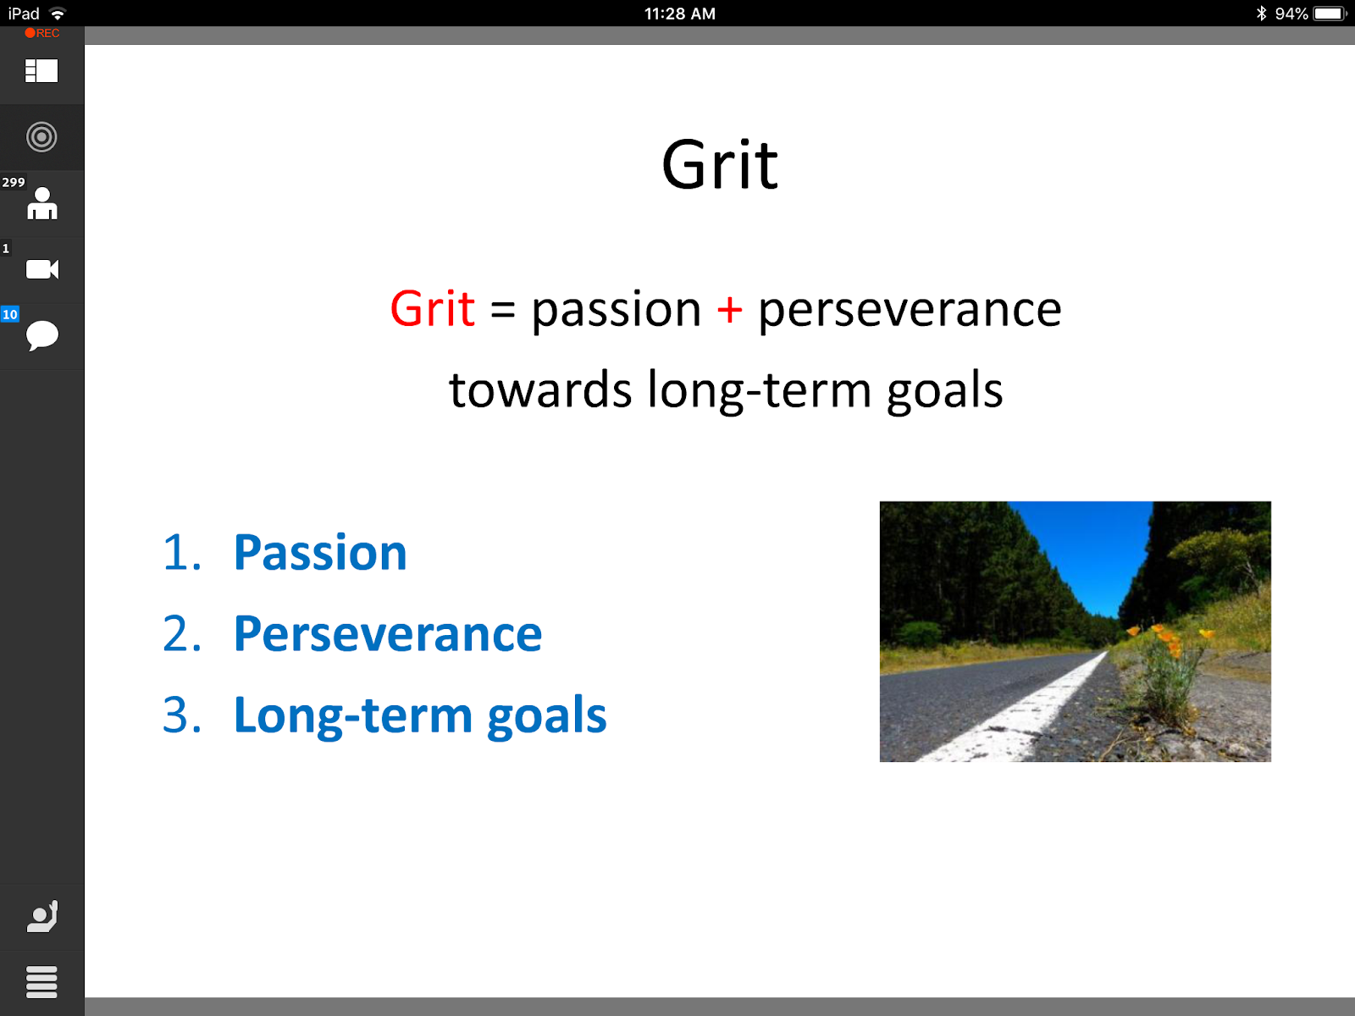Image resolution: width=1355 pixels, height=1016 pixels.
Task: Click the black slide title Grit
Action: coord(720,165)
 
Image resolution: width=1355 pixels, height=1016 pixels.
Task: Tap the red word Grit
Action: coord(432,308)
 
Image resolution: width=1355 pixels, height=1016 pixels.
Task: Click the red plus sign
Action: coord(729,309)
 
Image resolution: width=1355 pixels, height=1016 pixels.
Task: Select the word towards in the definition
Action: coord(540,389)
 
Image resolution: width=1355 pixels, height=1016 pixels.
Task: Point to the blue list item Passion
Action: coord(320,552)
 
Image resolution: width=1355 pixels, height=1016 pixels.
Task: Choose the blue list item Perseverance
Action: coord(388,633)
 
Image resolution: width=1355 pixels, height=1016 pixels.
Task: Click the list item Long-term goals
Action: coord(420,715)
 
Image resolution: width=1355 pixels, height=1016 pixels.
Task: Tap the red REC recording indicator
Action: coord(42,33)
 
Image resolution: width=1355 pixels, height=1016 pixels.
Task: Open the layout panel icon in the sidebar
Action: coord(41,71)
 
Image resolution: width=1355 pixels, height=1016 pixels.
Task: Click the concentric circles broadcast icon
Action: coord(41,137)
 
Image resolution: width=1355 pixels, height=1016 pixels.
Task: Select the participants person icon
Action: coord(42,204)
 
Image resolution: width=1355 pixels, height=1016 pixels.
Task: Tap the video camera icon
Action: coord(42,269)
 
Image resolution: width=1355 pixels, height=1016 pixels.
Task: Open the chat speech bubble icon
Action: coord(42,335)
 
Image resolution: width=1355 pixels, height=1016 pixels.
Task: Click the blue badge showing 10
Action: coord(10,314)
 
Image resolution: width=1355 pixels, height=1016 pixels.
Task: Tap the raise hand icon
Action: coord(42,916)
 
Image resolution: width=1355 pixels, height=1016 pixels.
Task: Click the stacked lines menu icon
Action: coord(41,981)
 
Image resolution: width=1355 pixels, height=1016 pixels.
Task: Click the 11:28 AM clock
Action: coord(680,14)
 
